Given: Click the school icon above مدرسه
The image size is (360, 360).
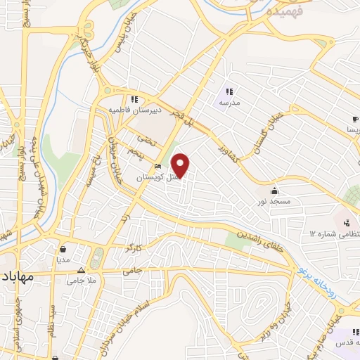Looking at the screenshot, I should pos(229,91).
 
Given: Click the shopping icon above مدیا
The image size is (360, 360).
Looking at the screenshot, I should pos(64,247).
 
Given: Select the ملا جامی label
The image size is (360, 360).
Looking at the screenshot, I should pos(82,281).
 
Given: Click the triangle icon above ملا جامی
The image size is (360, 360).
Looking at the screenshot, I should pos(82,270).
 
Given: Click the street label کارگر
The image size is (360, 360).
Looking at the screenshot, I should pos(134,248).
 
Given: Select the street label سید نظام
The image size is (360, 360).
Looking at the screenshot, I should pos(59,316).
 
